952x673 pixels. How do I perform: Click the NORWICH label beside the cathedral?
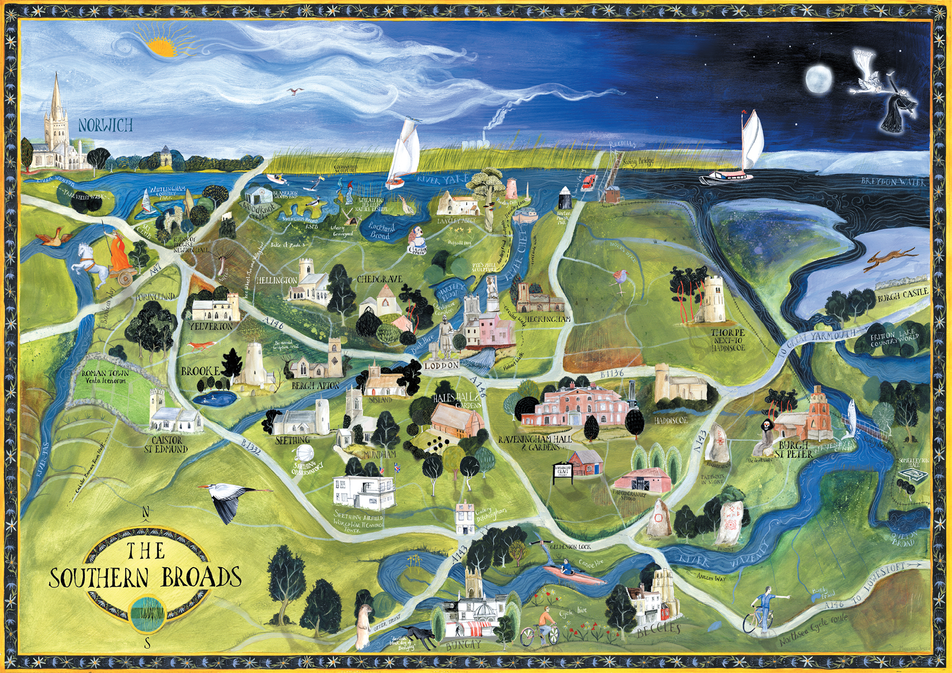click(105, 125)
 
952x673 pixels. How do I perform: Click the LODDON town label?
click(442, 365)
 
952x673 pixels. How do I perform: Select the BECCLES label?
click(659, 630)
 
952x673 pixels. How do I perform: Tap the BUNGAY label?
click(463, 645)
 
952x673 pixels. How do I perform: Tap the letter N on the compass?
click(147, 513)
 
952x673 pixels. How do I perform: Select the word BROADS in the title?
click(201, 577)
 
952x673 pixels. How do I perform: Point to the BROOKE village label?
click(200, 371)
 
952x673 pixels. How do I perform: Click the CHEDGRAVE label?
click(379, 279)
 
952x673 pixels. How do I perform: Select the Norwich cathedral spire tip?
click(56, 75)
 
